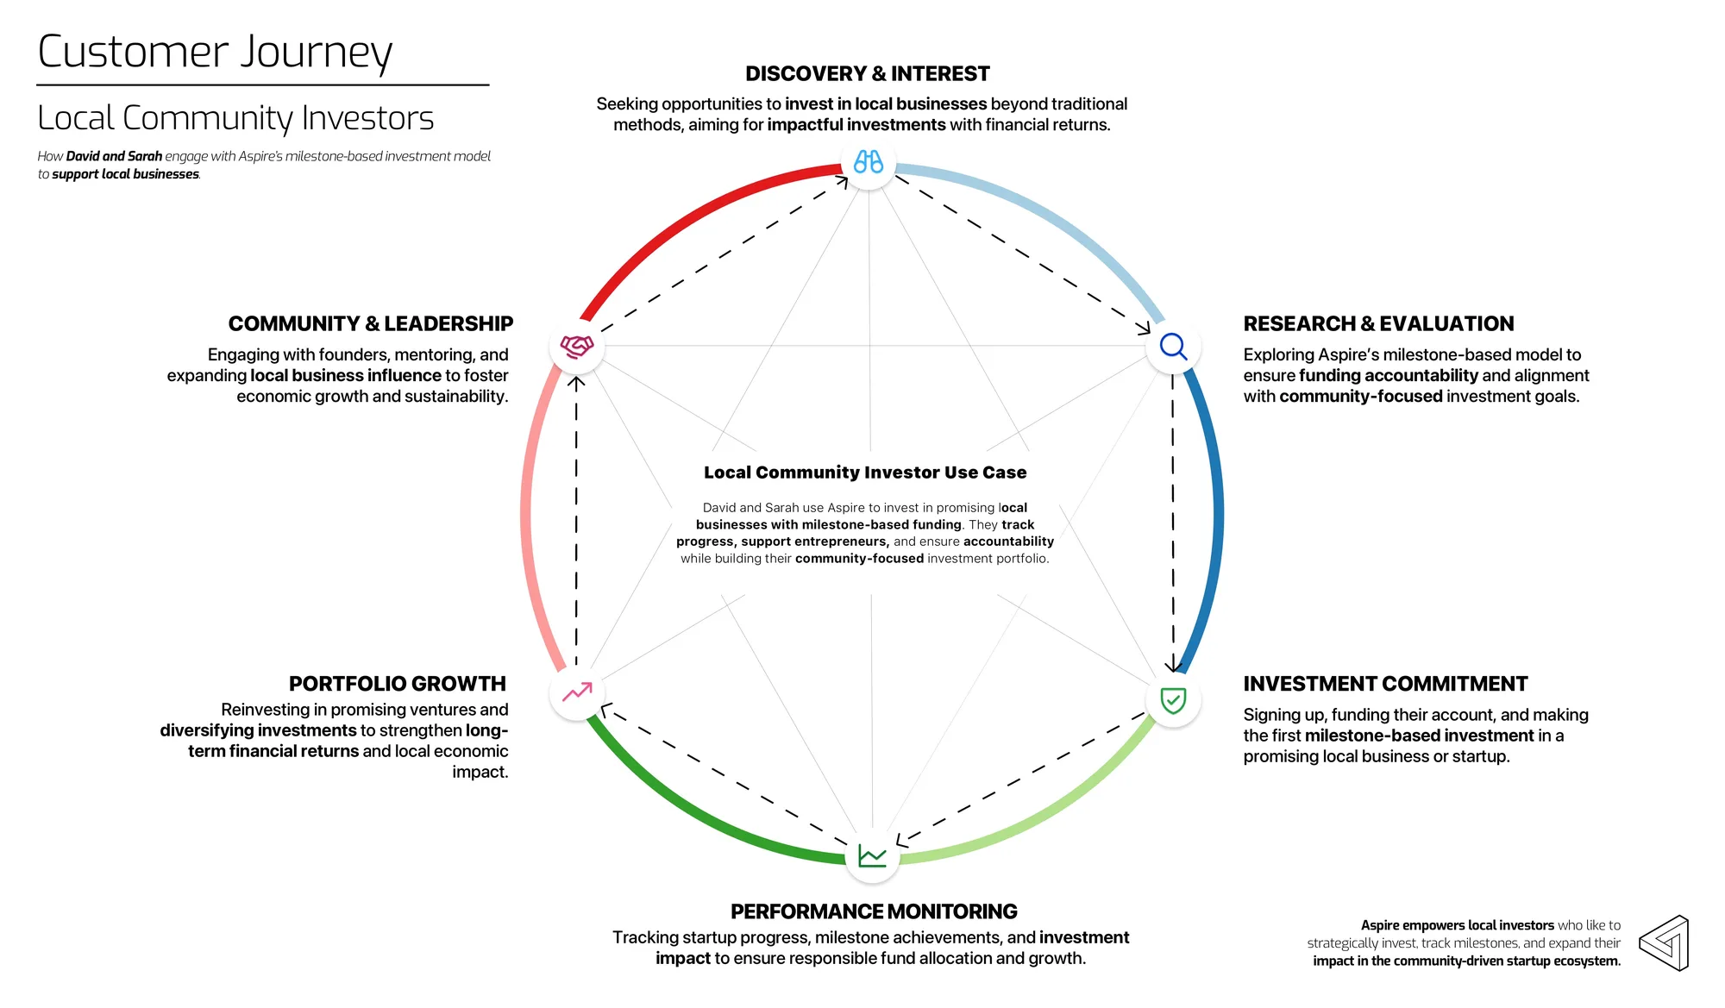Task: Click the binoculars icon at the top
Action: coord(869,162)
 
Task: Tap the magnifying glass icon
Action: coord(1173,347)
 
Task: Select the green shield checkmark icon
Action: coord(1173,700)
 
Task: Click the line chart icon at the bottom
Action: coord(872,856)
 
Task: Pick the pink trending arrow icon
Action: coord(577,692)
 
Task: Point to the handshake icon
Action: coord(577,347)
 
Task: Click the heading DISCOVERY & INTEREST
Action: coord(868,74)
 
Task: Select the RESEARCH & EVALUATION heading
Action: coord(1378,324)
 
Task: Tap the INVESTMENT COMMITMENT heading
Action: coord(1385,684)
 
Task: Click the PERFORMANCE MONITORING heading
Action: coord(874,911)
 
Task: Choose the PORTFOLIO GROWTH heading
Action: coord(398,684)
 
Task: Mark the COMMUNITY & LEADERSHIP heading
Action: coord(371,324)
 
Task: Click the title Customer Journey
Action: coord(216,53)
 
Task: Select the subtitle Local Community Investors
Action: coord(235,118)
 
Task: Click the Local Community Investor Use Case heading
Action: coord(865,473)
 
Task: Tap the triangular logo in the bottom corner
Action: coord(1664,943)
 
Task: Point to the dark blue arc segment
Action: coord(1212,517)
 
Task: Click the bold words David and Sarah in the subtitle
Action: coord(114,156)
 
